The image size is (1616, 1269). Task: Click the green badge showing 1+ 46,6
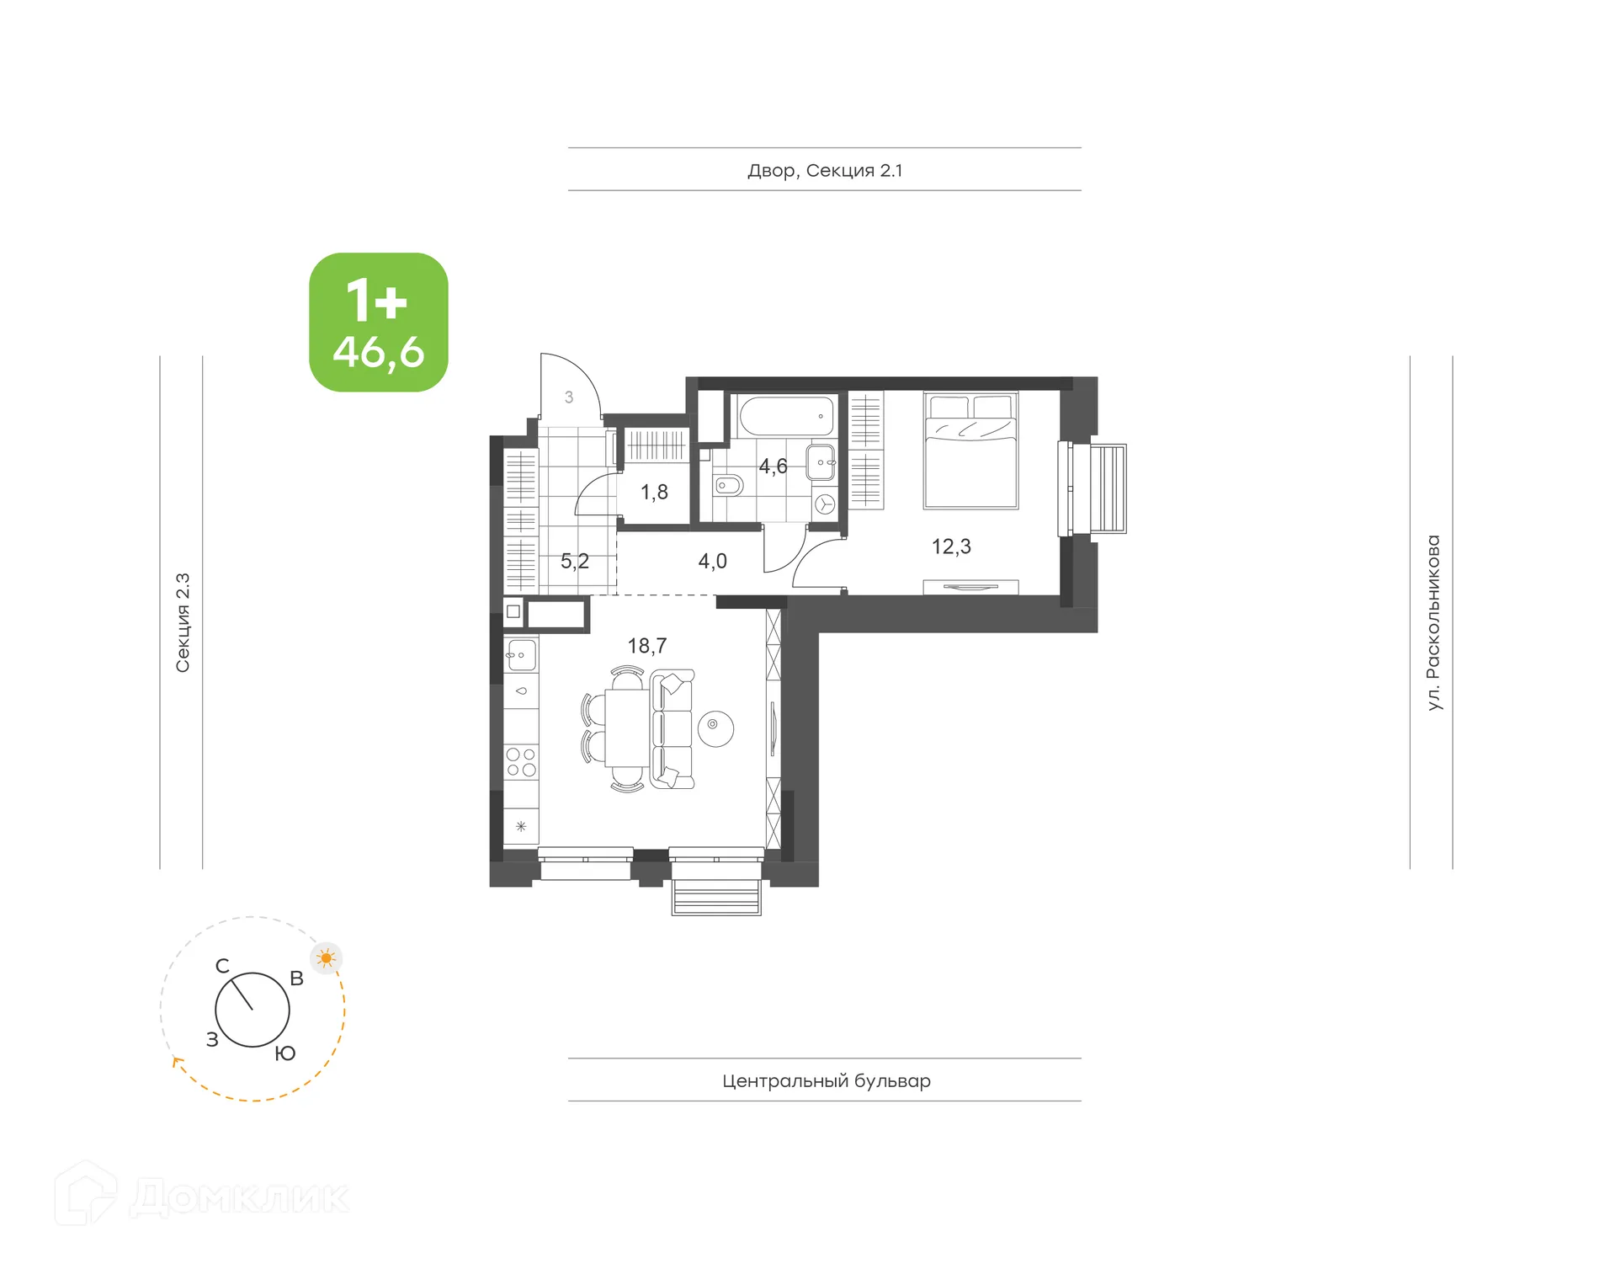pos(378,322)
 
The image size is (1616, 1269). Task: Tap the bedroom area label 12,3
pos(951,547)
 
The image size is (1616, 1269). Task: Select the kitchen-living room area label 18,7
pos(646,646)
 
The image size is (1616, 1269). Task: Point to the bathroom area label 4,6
pos(773,466)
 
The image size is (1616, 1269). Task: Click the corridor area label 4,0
pos(712,561)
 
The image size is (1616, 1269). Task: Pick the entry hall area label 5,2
pos(575,561)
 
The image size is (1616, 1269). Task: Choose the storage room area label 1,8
pos(654,492)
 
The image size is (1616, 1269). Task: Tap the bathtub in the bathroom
pos(786,416)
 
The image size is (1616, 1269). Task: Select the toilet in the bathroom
pos(728,485)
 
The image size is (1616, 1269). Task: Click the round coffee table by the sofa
pos(715,728)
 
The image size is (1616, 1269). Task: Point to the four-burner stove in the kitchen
pos(521,762)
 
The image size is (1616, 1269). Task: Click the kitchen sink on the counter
pos(521,654)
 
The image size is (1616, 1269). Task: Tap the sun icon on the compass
pos(326,957)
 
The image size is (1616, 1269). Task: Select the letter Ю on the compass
pos(285,1053)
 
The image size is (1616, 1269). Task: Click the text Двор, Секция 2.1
pos(825,170)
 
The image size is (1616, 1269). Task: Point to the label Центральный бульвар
pos(826,1080)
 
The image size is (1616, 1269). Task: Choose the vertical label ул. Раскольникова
pos(1433,622)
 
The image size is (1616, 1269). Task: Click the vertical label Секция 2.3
pos(183,622)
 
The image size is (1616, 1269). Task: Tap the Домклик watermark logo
pos(202,1196)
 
